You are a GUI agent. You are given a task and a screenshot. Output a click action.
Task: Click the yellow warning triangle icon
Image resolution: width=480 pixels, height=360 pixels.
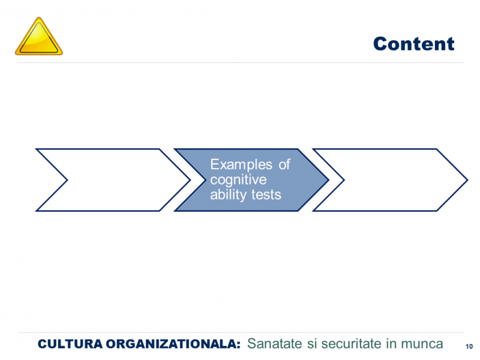point(39,37)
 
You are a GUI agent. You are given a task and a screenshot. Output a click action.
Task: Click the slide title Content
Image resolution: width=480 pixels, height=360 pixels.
point(413,44)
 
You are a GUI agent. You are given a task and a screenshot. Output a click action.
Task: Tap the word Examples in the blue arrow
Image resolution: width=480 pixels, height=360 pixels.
point(241,164)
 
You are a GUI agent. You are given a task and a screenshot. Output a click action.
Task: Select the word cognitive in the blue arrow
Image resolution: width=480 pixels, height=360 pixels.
point(238,180)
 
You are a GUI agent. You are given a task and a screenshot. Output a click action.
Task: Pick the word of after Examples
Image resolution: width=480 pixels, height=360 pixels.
point(284,164)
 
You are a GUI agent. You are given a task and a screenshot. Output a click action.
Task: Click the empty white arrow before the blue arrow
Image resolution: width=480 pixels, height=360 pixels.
point(113,180)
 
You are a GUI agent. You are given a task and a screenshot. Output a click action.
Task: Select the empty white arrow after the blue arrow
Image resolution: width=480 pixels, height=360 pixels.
point(391,180)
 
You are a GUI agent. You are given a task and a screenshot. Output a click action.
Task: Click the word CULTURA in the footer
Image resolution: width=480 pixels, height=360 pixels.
point(70,344)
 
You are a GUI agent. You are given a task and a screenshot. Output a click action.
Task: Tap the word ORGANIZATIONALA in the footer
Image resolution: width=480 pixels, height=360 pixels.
point(171,344)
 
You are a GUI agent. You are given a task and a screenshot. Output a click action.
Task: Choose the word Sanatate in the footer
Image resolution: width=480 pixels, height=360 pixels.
point(275,343)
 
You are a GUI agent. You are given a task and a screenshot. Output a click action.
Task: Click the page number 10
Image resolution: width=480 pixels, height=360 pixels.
point(469,347)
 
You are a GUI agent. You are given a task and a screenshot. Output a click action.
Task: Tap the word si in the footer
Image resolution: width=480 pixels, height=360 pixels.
point(311,343)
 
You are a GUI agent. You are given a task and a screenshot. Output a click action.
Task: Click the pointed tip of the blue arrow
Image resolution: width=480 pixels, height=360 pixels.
point(329,180)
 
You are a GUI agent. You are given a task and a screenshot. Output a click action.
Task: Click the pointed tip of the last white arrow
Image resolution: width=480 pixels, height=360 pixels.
point(467,180)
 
